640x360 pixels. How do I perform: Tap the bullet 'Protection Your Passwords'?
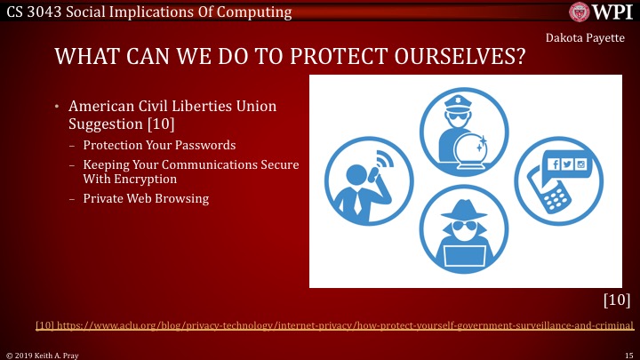[x=159, y=145]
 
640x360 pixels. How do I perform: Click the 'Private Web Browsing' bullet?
[x=146, y=198]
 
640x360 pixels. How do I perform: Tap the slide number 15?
[x=628, y=354]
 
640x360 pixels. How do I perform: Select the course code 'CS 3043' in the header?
[x=33, y=12]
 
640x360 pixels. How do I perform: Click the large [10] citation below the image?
[x=616, y=300]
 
